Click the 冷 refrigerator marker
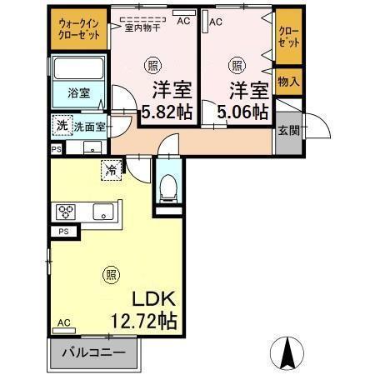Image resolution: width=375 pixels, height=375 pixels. [111, 169]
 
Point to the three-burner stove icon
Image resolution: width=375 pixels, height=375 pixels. [66, 211]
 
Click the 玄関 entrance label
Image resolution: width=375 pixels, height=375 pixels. [288, 130]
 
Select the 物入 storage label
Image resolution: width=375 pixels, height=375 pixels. [288, 82]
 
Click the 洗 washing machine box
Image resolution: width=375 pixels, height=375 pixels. [61, 125]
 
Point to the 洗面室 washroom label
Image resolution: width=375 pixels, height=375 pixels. [88, 127]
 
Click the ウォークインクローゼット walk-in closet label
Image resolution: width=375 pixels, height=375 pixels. [79, 32]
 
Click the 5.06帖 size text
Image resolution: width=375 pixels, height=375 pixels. [242, 111]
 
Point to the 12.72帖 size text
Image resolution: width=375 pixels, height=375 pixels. [142, 320]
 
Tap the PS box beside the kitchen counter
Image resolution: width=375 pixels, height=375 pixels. [64, 232]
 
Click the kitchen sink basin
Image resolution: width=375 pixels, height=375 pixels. [102, 210]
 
